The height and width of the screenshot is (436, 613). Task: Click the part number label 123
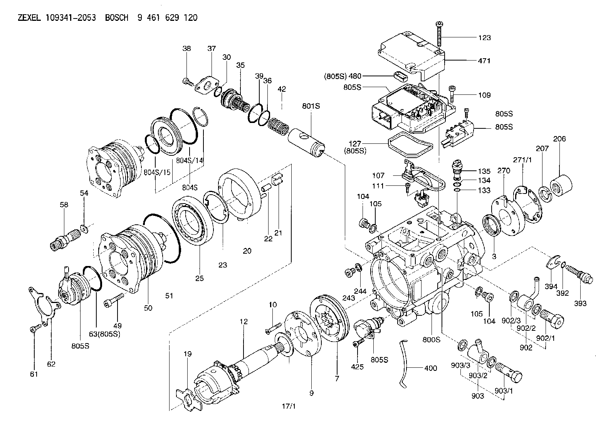click(x=485, y=37)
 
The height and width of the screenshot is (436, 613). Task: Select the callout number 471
click(x=485, y=61)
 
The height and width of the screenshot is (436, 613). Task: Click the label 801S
click(x=311, y=106)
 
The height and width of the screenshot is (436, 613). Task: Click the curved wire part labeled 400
click(x=404, y=362)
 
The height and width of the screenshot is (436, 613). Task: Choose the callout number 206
click(x=559, y=139)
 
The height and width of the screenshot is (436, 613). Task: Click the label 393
click(x=580, y=303)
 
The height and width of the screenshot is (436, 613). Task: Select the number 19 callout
click(x=188, y=354)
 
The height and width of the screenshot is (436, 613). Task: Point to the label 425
click(x=358, y=367)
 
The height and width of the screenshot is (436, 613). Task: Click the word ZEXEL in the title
click(x=29, y=18)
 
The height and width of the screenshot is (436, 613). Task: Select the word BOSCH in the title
click(x=117, y=18)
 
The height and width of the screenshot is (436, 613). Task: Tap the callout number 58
click(x=64, y=205)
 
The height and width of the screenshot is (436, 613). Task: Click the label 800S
click(x=431, y=340)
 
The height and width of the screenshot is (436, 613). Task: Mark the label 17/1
click(x=289, y=406)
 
